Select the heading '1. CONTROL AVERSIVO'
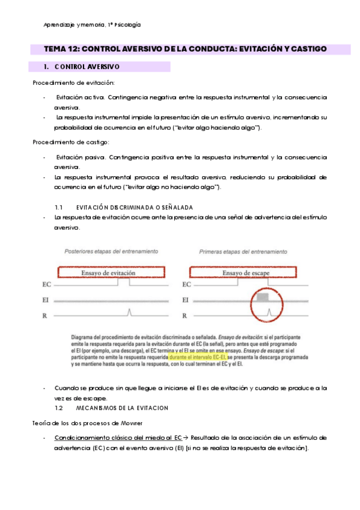pyautogui.click(x=82, y=66)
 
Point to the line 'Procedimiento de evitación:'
pyautogui.click(x=73, y=82)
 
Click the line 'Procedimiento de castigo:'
pyautogui.click(x=71, y=143)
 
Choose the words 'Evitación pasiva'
pyautogui.click(x=79, y=157)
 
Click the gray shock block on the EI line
pyautogui.click(x=262, y=297)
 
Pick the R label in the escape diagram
pyautogui.click(x=185, y=315)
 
